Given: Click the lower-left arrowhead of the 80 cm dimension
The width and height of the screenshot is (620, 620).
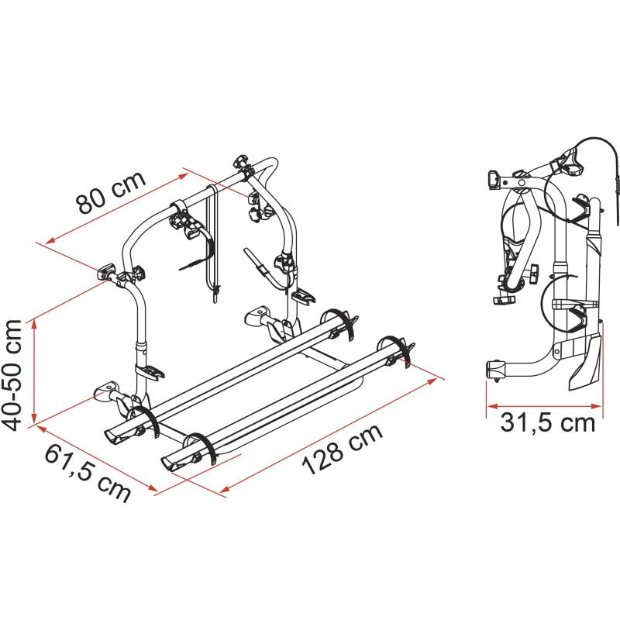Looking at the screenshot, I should tap(49, 242).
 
